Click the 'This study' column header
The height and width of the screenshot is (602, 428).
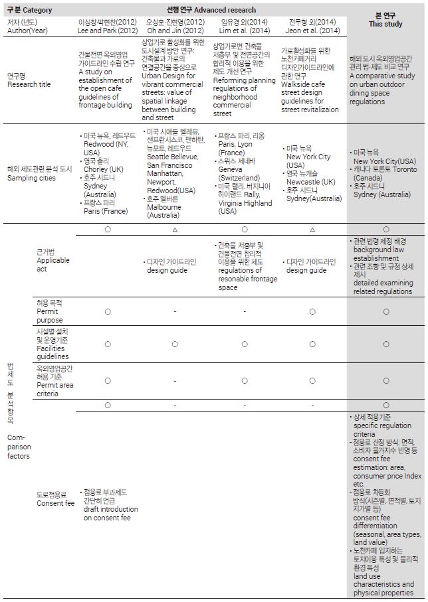pos(385,25)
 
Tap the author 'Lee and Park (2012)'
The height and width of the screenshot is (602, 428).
pos(108,31)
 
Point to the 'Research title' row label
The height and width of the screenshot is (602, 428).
pos(29,85)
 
